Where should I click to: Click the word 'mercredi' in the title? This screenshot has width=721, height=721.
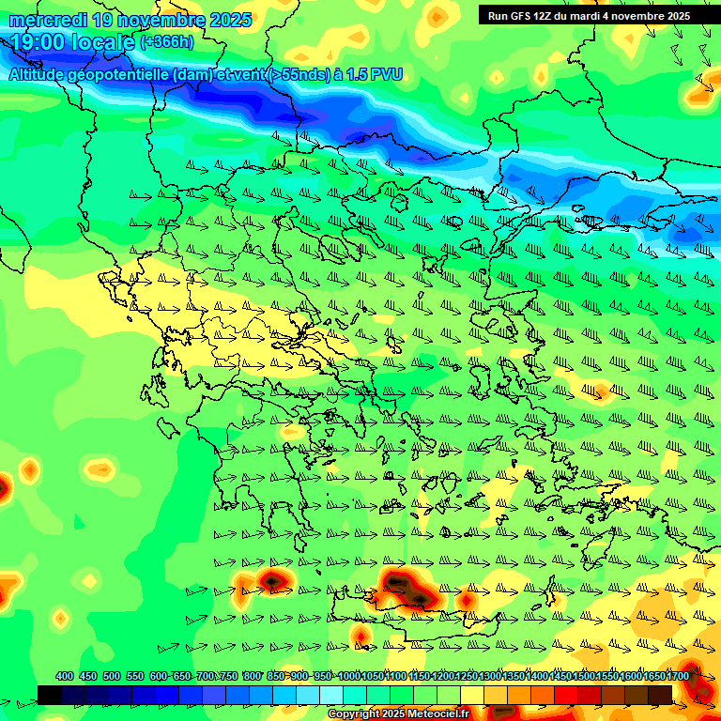point(48,20)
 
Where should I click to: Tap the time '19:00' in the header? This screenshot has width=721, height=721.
point(40,42)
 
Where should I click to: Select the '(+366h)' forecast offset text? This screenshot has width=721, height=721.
point(167,42)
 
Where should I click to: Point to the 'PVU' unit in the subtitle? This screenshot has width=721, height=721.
point(385,75)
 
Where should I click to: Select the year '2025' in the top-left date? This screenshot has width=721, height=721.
point(230,20)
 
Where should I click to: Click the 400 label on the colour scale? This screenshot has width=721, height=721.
point(65,677)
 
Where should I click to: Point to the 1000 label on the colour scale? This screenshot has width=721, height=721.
point(348,677)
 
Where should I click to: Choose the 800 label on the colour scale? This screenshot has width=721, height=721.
point(252,677)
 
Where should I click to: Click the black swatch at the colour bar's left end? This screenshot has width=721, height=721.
point(50,694)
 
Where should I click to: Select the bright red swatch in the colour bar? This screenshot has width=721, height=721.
point(566,694)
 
